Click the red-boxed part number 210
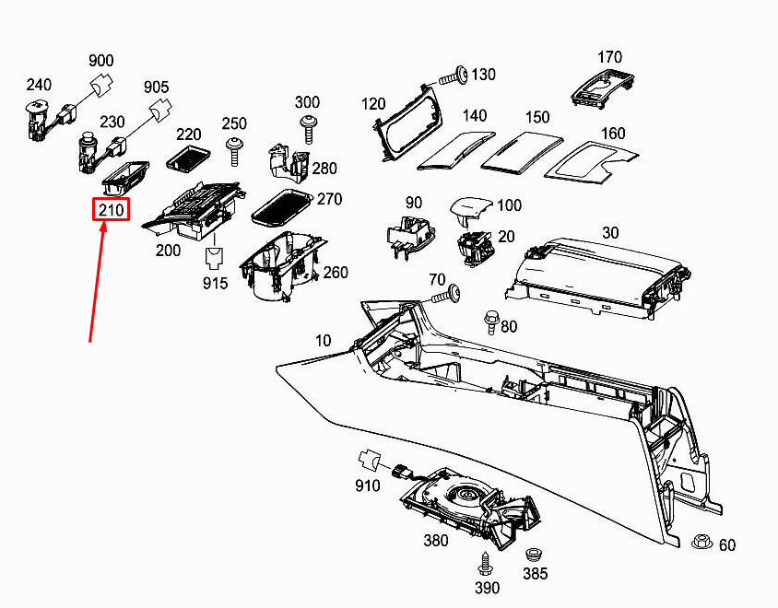(x=112, y=210)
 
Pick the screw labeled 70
(x=447, y=296)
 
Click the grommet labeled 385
(x=533, y=555)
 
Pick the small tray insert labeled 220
(x=188, y=158)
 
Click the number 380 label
(x=436, y=541)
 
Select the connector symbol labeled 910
(x=370, y=460)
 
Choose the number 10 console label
(x=323, y=341)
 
